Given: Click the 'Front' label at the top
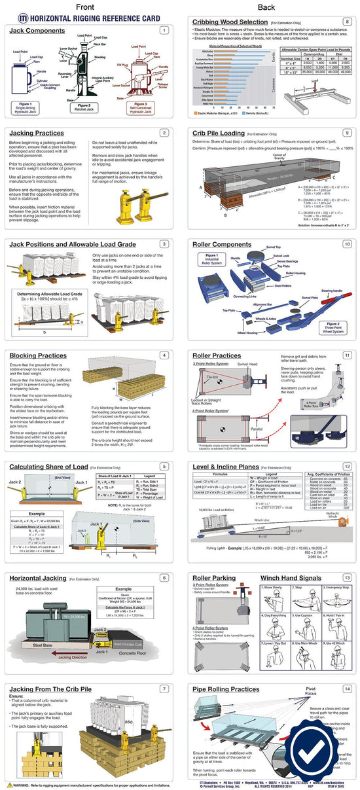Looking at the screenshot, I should (x=90, y=7).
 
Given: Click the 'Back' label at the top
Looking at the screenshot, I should (x=266, y=7).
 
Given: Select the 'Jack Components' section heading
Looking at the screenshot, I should (x=38, y=30).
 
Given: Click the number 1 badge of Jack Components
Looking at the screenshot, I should (x=164, y=30).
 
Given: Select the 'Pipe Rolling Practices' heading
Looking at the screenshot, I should (x=226, y=689).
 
